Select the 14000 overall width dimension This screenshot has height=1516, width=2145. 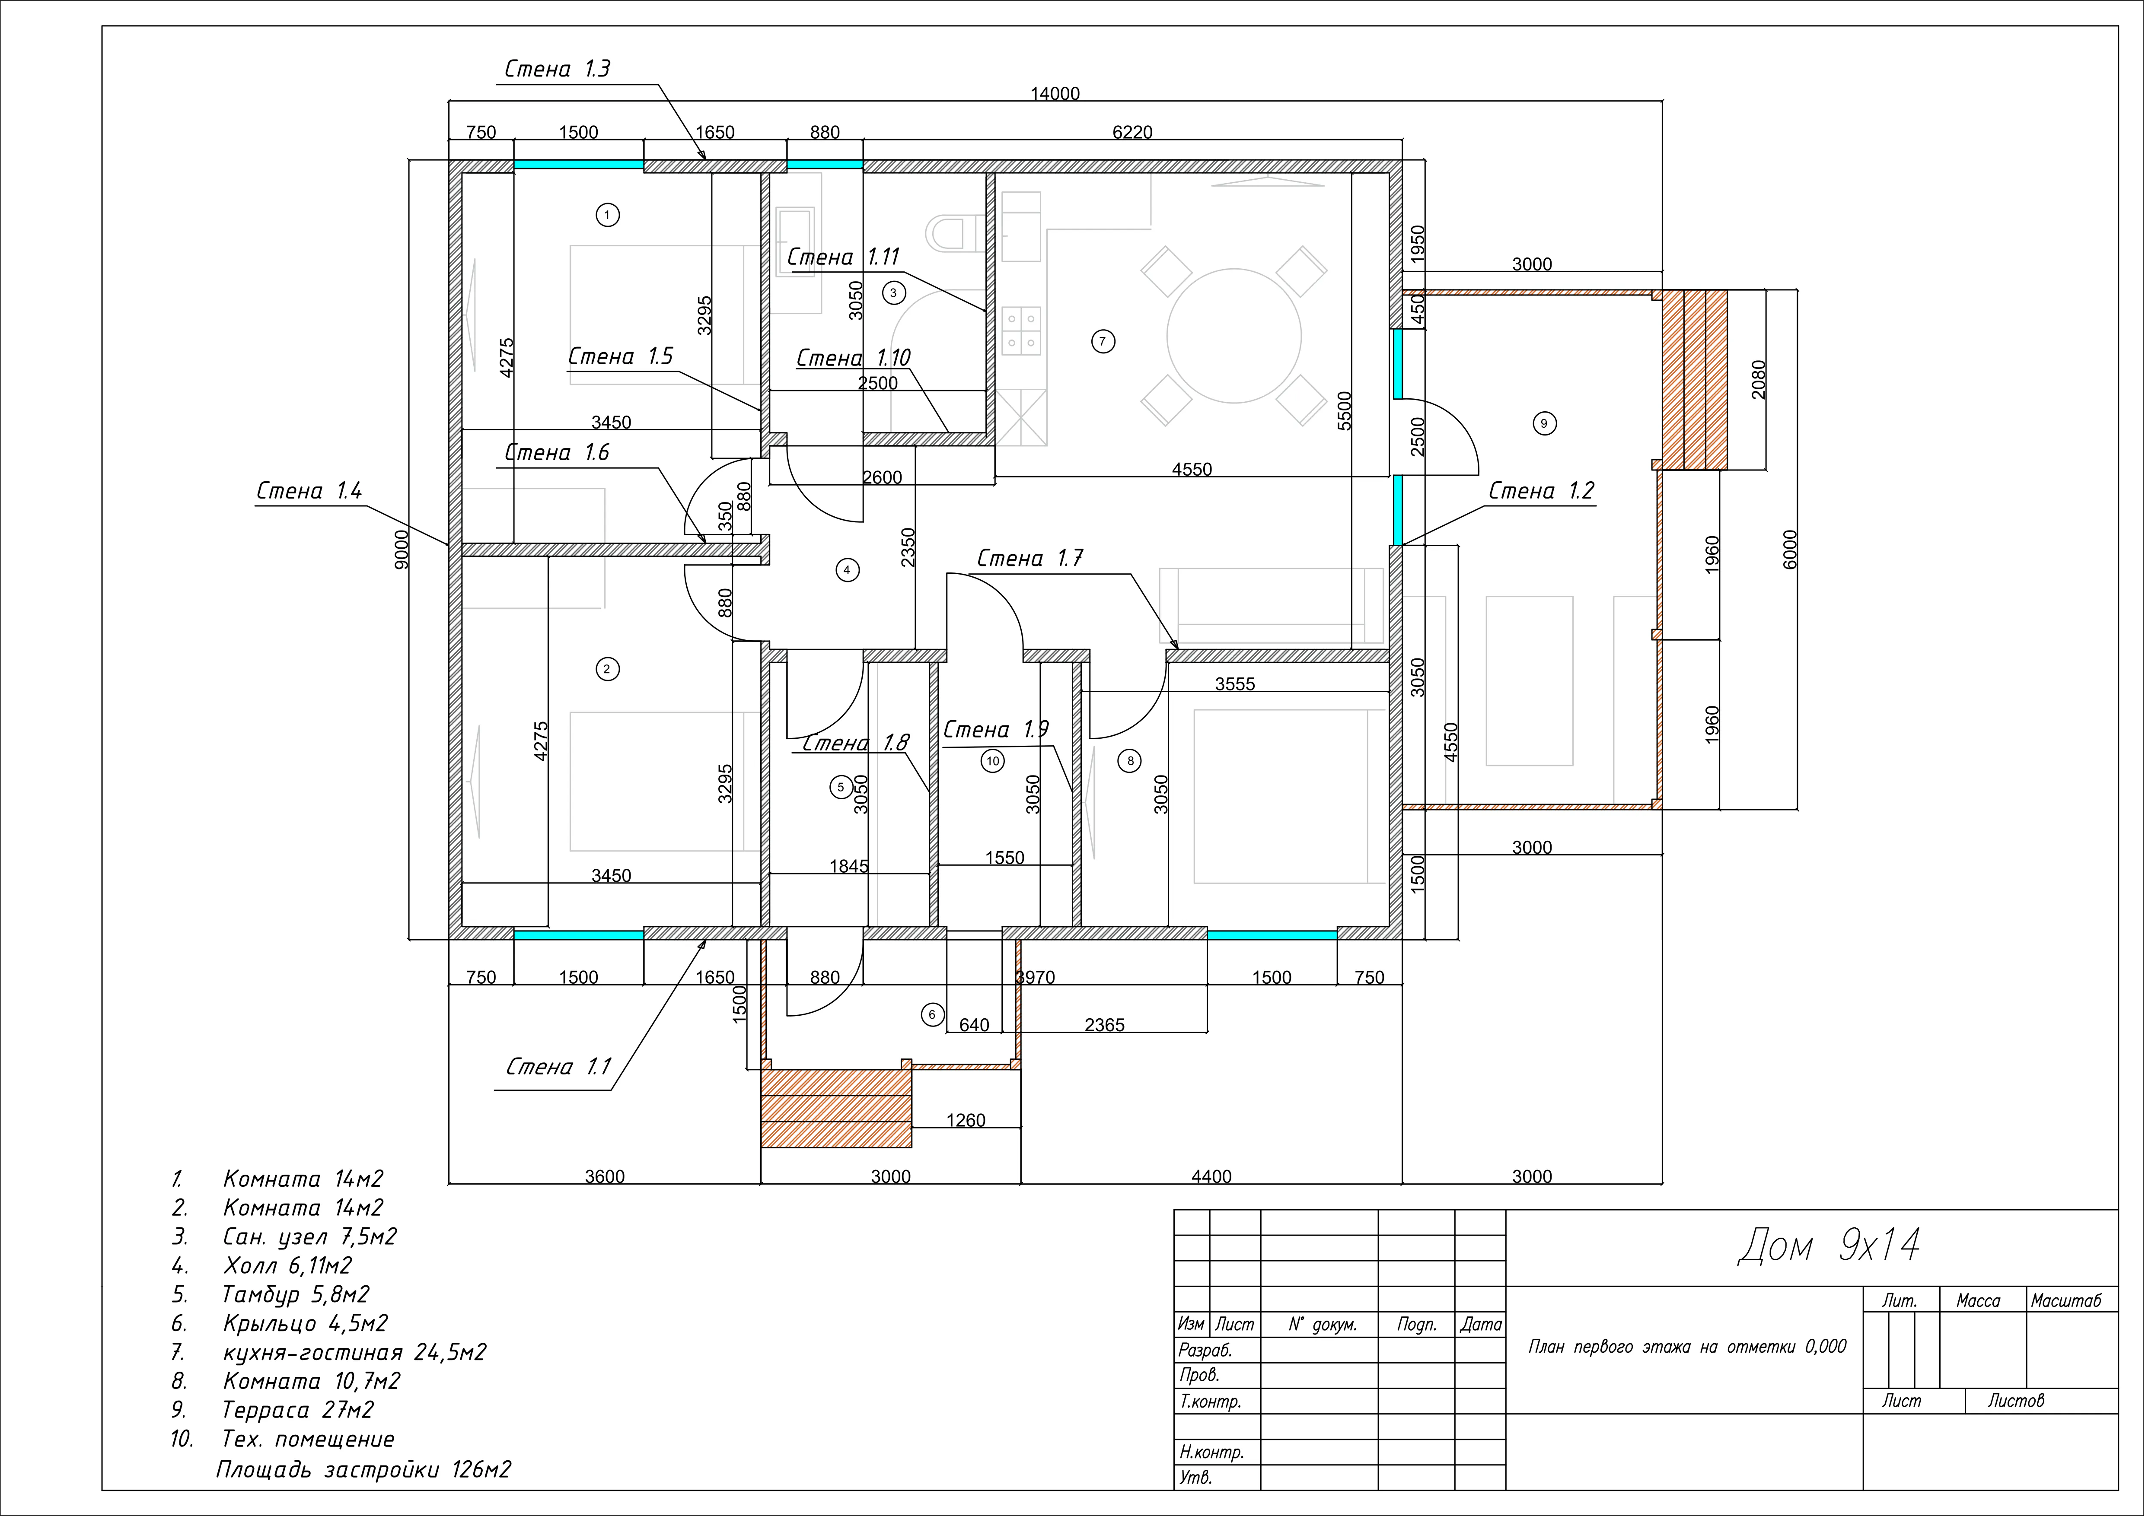tap(1055, 93)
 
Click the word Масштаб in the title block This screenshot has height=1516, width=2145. tap(2065, 1300)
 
